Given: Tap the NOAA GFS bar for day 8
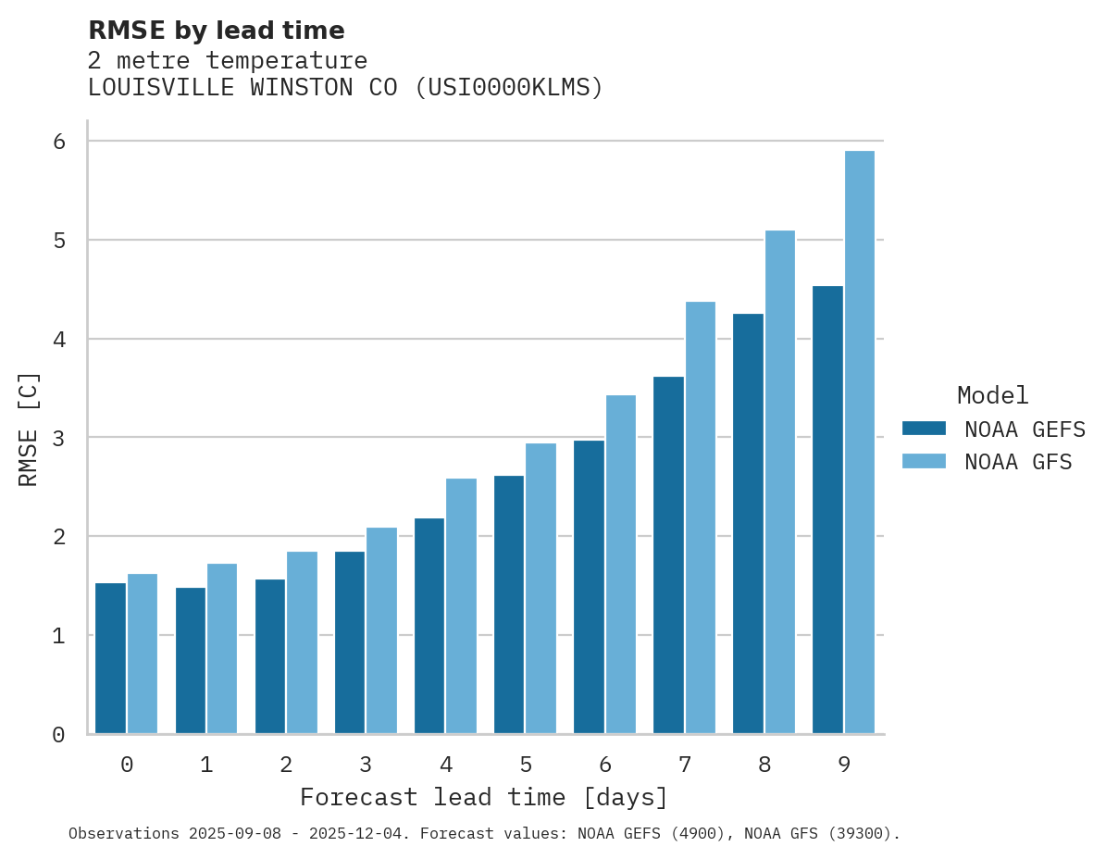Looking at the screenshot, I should coord(780,482).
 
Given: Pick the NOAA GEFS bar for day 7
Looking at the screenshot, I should coord(668,555).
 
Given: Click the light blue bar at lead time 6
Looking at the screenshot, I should coord(621,565).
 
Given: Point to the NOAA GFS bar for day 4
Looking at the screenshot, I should coord(462,606).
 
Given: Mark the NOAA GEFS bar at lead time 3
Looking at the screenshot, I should coord(350,642).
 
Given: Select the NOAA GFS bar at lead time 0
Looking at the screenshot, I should coord(143,654).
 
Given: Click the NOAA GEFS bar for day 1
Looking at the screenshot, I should coord(191,660).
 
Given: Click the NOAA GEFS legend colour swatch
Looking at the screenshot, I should coord(924,429).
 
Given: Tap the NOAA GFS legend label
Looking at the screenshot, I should coord(1018,462).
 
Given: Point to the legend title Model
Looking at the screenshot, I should coord(992,396).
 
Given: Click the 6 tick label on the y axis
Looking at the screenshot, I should coord(58,142).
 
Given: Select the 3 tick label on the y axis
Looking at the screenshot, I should coord(58,438).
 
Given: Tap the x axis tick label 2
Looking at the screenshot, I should coord(286,765).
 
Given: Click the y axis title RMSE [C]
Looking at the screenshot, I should coord(29,429).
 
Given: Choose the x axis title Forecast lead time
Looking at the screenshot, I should coord(483,797).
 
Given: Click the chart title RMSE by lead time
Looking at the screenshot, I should coord(217,31).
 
